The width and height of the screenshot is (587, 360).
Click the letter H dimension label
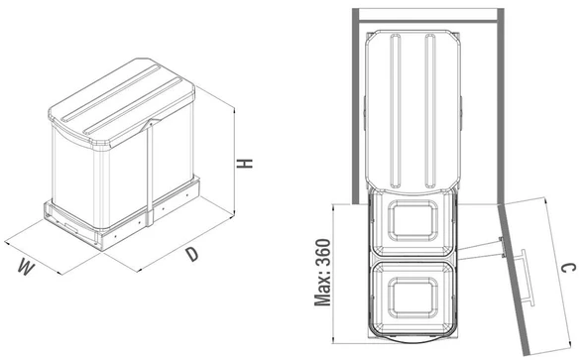245,164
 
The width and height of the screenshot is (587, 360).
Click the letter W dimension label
26,267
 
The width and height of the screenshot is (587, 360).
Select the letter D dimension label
191,254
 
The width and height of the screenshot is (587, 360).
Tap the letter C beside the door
569,269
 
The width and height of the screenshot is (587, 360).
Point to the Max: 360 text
322,273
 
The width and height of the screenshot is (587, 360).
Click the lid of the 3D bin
121,101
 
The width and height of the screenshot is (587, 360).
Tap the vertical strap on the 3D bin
150,174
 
